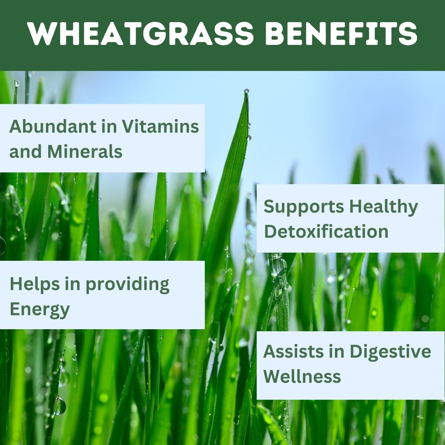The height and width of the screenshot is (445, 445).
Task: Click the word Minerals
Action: [x=85, y=152]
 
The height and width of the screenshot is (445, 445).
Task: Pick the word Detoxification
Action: [x=326, y=232]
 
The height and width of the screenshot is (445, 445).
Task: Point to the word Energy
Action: [x=40, y=310]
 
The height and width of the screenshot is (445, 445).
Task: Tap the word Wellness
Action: [x=302, y=376]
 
